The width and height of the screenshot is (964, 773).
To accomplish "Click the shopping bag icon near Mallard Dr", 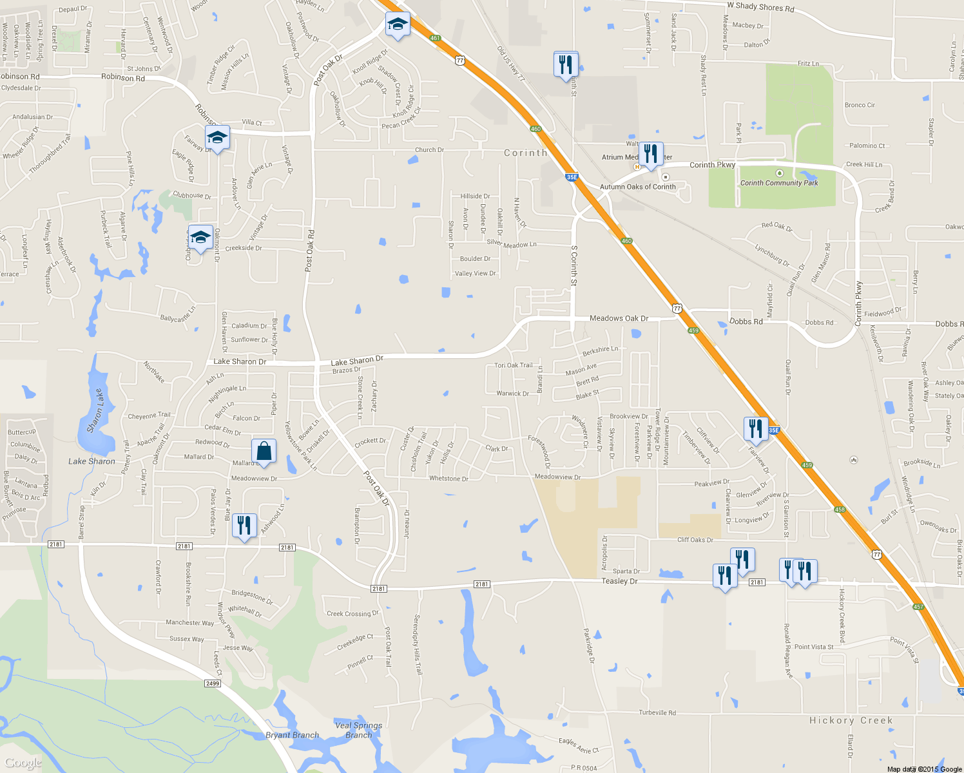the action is pyautogui.click(x=264, y=451).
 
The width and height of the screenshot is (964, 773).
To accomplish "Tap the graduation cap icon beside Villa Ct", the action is pyautogui.click(x=217, y=137).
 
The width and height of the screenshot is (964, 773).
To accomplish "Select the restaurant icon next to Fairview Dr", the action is pyautogui.click(x=756, y=428).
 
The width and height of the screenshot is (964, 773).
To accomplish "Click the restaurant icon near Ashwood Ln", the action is pyautogui.click(x=244, y=526).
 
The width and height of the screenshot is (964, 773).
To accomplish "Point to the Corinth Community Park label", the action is pyautogui.click(x=779, y=183).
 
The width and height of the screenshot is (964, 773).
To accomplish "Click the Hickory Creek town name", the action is pyautogui.click(x=851, y=720).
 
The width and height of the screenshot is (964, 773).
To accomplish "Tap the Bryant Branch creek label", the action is pyautogui.click(x=292, y=735).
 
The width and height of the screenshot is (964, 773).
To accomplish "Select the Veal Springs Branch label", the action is pyautogui.click(x=358, y=730).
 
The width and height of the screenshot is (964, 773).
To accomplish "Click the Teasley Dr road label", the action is pyautogui.click(x=619, y=581).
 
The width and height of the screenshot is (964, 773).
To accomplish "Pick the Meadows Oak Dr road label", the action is pyautogui.click(x=619, y=318).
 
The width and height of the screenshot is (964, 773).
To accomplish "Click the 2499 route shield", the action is pyautogui.click(x=213, y=683).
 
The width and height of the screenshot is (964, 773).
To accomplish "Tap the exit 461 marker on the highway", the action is pyautogui.click(x=435, y=38).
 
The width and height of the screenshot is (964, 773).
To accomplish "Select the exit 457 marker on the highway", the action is pyautogui.click(x=918, y=607).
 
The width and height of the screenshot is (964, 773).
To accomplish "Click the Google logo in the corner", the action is pyautogui.click(x=23, y=763).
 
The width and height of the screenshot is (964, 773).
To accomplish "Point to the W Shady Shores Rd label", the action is pyautogui.click(x=760, y=7).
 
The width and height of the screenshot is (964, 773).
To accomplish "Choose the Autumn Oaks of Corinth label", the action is pyautogui.click(x=637, y=187).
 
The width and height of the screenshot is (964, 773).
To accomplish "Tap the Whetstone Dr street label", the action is pyautogui.click(x=448, y=479).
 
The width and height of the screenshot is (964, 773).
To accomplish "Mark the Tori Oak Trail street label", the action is pyautogui.click(x=513, y=365).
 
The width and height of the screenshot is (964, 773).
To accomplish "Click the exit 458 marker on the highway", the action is pyautogui.click(x=839, y=510).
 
